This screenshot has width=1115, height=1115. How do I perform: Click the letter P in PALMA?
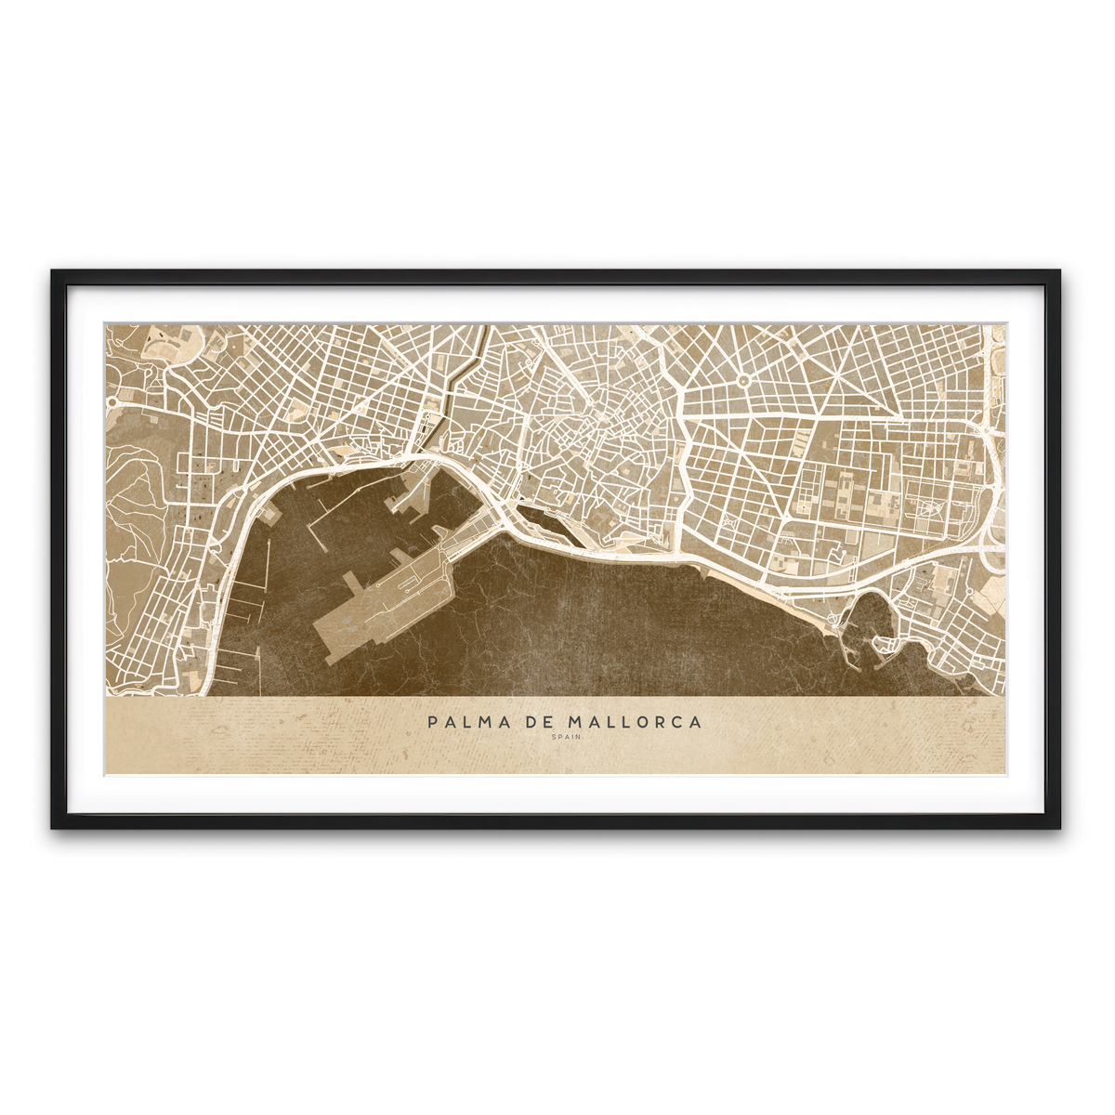click(432, 722)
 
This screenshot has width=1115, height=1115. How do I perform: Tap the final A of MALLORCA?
click(696, 722)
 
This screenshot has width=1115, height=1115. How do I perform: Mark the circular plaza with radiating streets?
click(743, 380)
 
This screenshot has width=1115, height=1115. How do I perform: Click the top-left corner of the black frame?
click(54, 272)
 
